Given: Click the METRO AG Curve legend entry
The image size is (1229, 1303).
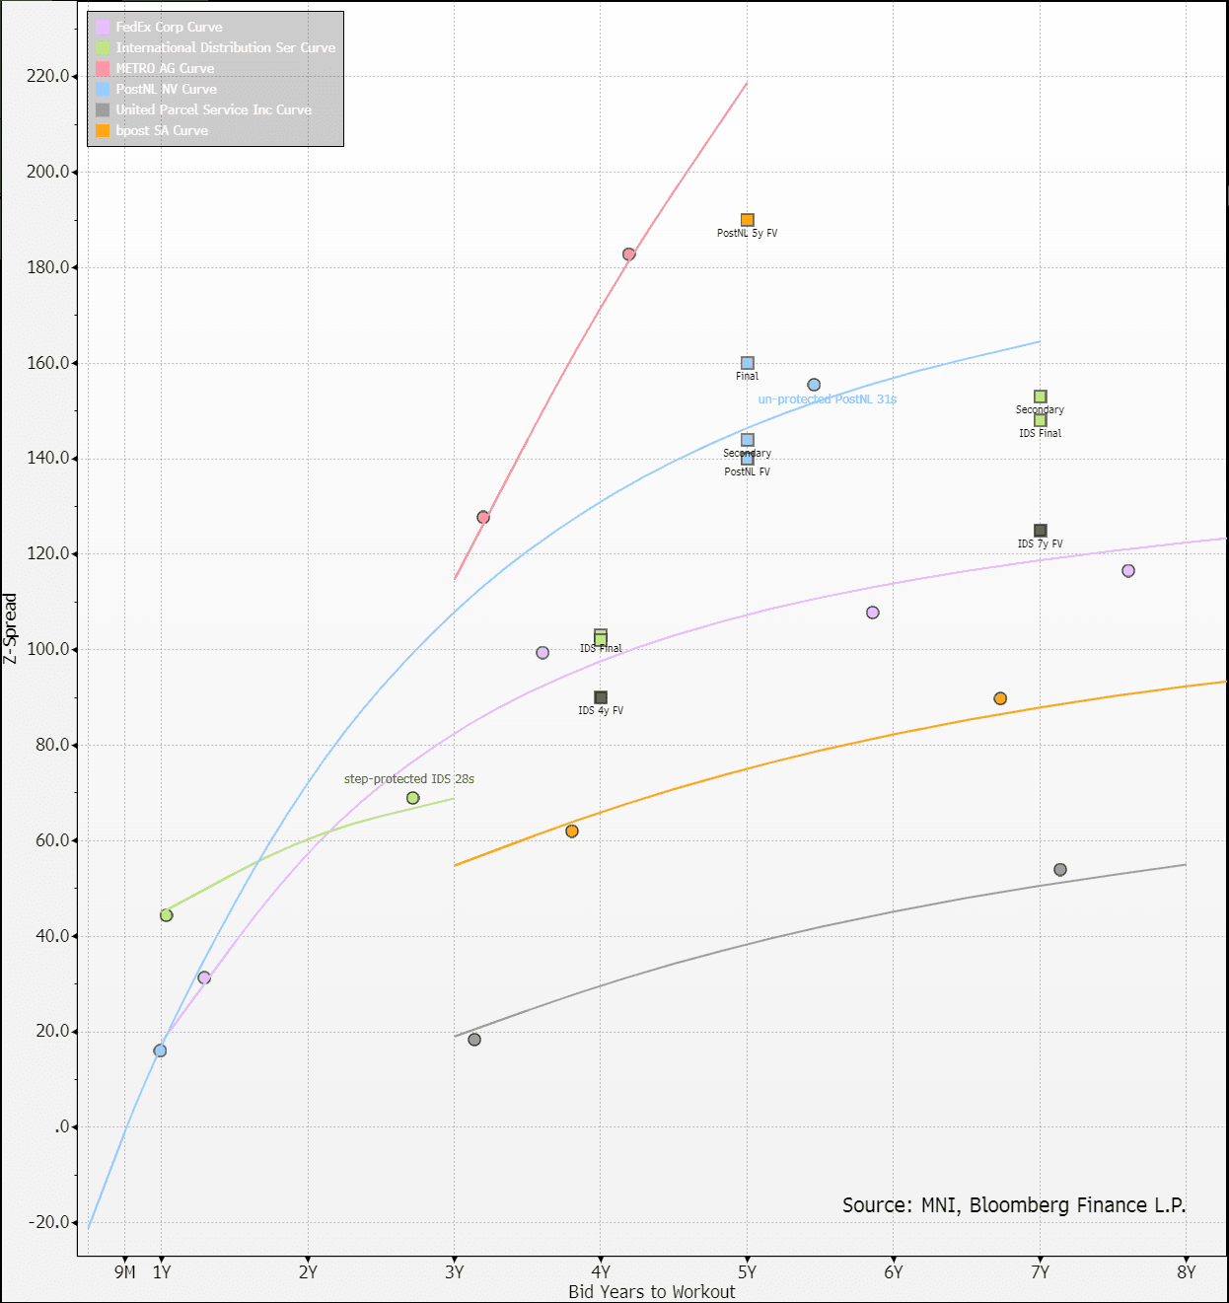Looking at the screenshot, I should click(x=165, y=68).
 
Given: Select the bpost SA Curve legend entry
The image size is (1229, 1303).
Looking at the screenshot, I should click(x=162, y=130).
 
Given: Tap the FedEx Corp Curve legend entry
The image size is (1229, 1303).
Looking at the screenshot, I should click(x=169, y=27).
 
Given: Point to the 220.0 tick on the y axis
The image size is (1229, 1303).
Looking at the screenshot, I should click(x=48, y=76).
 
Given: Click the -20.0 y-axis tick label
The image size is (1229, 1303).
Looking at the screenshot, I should click(x=48, y=1222).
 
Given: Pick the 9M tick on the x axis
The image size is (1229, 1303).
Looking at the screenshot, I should click(x=124, y=1271).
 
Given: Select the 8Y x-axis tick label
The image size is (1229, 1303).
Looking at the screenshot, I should click(x=1186, y=1271).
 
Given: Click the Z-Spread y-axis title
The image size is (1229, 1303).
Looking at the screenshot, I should click(x=11, y=628).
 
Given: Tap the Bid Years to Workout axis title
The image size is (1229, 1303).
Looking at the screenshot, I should click(x=651, y=1291).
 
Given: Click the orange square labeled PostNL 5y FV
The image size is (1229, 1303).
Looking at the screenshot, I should click(x=748, y=220).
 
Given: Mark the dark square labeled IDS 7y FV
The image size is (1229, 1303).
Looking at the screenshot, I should click(x=1040, y=531).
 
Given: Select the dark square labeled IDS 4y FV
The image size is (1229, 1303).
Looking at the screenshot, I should click(x=601, y=697).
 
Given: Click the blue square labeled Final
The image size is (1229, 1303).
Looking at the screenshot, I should click(x=748, y=363).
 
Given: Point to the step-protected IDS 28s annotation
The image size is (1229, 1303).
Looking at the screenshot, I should click(x=408, y=779).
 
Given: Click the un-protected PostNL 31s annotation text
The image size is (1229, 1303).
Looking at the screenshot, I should click(x=827, y=399).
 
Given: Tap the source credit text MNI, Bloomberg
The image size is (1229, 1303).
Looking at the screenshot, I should click(x=1014, y=1204).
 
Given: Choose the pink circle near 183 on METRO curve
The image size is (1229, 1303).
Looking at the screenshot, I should click(x=628, y=254).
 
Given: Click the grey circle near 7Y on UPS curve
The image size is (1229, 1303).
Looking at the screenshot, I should click(x=1060, y=870).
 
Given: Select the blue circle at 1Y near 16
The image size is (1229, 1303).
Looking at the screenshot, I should click(x=160, y=1050).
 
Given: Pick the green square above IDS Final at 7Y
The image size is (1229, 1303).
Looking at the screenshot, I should click(x=1040, y=397).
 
